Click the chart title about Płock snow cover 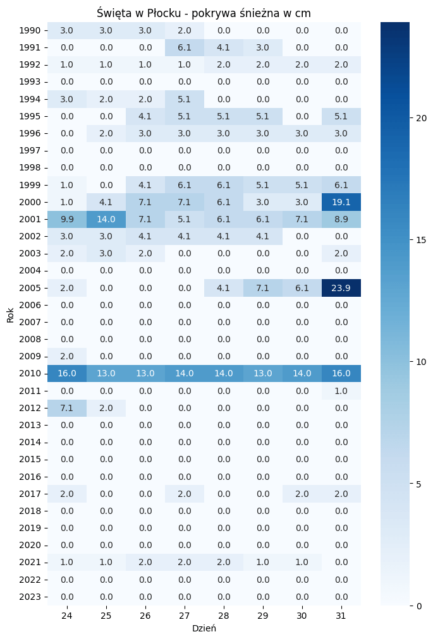tap(204, 13)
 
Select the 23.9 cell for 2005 tap(341, 288)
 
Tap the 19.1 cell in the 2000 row tap(341, 202)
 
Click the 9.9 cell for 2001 tap(67, 219)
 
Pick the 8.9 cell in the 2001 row tap(341, 219)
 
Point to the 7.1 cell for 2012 tap(67, 408)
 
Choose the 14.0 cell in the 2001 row tap(106, 219)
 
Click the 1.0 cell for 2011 tap(341, 391)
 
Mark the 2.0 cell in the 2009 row tap(67, 356)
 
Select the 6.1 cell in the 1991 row tap(185, 47)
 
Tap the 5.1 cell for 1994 tap(185, 99)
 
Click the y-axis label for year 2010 tap(30, 374)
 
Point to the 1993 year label tap(30, 82)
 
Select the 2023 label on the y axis tap(30, 597)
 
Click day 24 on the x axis tap(67, 616)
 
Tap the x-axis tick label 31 tap(341, 616)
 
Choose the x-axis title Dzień tap(204, 629)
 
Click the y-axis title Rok tap(11, 314)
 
